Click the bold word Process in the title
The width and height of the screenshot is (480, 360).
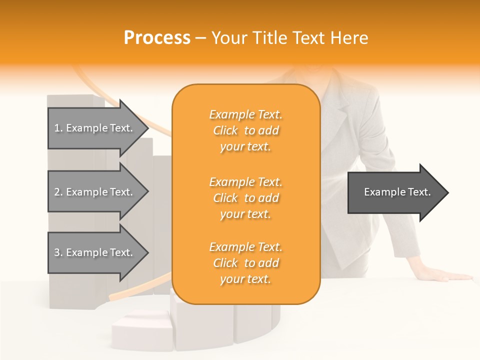click(157, 38)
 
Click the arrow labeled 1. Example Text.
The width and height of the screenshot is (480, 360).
click(95, 128)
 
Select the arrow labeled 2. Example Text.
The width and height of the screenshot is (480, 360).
click(95, 192)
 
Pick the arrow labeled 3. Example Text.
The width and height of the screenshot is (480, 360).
click(95, 252)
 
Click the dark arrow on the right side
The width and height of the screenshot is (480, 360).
click(395, 192)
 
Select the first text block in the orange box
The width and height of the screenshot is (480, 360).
click(245, 130)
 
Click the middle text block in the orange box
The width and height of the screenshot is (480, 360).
click(245, 198)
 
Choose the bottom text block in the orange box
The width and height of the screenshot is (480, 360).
click(245, 263)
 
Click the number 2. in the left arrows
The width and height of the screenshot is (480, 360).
click(58, 192)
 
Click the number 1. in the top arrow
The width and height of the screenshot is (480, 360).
click(58, 128)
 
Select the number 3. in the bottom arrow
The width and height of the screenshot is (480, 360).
click(58, 252)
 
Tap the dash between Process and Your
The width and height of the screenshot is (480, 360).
click(201, 38)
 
